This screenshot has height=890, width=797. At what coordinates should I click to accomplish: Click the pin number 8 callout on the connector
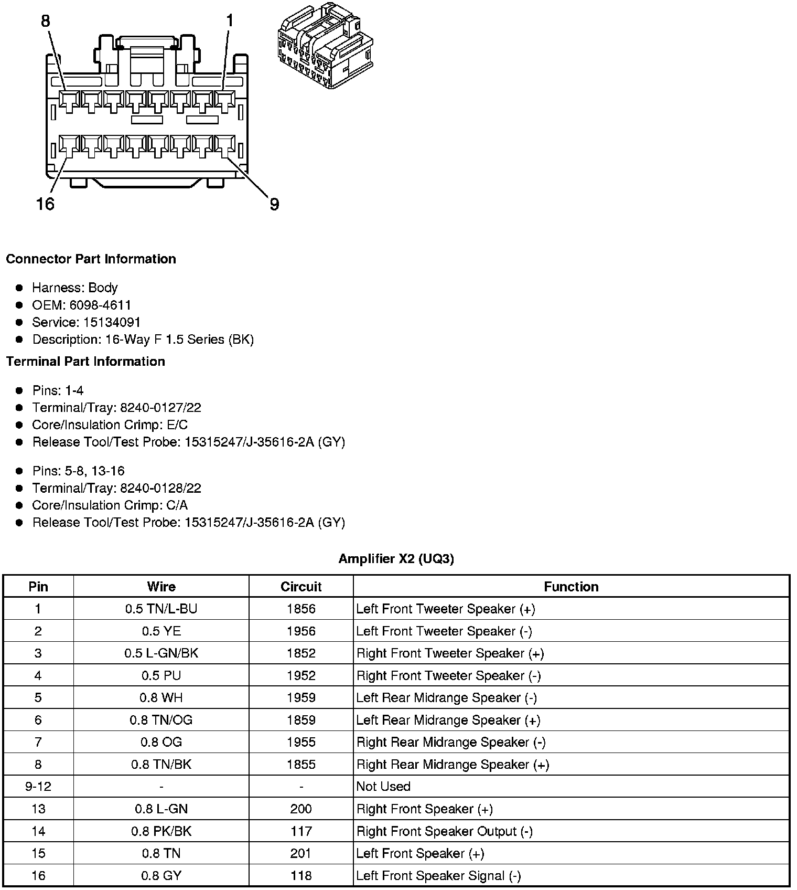(46, 21)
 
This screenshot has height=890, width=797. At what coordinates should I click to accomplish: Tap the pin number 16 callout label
(45, 204)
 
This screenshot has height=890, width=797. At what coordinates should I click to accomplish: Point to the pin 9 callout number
(274, 204)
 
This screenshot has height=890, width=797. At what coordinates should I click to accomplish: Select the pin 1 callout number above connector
(229, 21)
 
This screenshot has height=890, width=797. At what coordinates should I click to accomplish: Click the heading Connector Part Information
(91, 259)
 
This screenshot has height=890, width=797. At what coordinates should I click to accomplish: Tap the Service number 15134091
(112, 322)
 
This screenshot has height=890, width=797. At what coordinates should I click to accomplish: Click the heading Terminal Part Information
(85, 362)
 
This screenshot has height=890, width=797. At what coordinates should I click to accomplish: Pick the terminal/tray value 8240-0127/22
(160, 408)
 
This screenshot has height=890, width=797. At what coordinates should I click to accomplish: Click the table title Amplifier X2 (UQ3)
(396, 559)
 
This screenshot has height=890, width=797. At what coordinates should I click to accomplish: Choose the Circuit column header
(301, 587)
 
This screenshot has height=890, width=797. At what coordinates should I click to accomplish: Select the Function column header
(571, 587)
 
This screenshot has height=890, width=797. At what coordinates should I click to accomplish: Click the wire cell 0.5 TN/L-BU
(161, 609)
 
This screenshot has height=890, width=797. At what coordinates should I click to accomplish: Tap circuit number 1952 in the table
(301, 675)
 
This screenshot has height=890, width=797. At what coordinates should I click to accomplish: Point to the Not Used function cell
(383, 787)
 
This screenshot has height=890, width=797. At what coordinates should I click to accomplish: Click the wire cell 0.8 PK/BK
(161, 831)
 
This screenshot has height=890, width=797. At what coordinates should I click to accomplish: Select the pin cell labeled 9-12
(38, 787)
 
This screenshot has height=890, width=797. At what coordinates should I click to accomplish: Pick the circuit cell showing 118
(301, 876)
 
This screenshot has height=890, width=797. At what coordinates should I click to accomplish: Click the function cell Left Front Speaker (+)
(420, 853)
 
